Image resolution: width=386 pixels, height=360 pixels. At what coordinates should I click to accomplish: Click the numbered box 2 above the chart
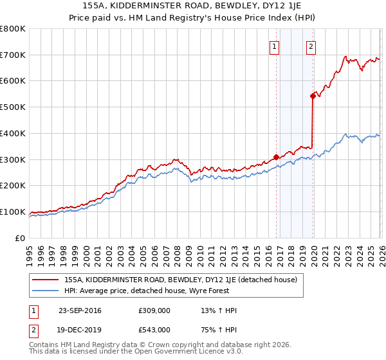311,46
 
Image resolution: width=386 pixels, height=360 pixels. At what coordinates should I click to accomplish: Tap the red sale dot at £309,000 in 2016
276,157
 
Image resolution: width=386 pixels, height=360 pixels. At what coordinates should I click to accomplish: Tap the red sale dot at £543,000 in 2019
313,96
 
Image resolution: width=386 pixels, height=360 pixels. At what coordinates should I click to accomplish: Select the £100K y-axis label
13,212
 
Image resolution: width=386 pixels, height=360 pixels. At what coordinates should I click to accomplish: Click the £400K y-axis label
13,133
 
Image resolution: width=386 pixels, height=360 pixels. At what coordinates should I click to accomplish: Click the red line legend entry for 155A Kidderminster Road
180,280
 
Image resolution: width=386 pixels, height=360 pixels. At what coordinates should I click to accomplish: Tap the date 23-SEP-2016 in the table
80,311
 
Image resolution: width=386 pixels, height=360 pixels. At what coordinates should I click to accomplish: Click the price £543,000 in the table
154,330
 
